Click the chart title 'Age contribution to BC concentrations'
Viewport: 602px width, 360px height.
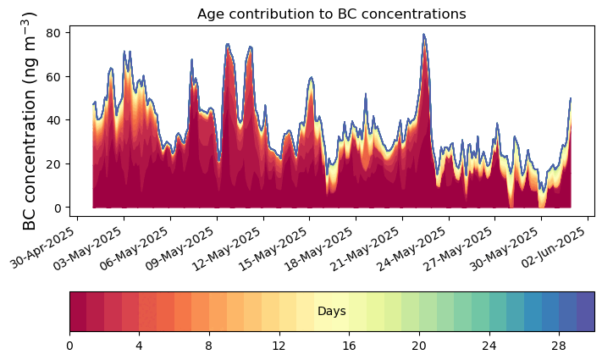331,14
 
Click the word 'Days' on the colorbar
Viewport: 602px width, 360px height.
331,312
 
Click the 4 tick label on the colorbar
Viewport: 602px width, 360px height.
139,346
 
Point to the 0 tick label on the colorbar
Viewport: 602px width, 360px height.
69,346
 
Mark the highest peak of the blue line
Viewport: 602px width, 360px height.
423,35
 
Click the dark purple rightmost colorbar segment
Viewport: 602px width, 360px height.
585,312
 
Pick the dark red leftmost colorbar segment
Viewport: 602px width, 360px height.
78,312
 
